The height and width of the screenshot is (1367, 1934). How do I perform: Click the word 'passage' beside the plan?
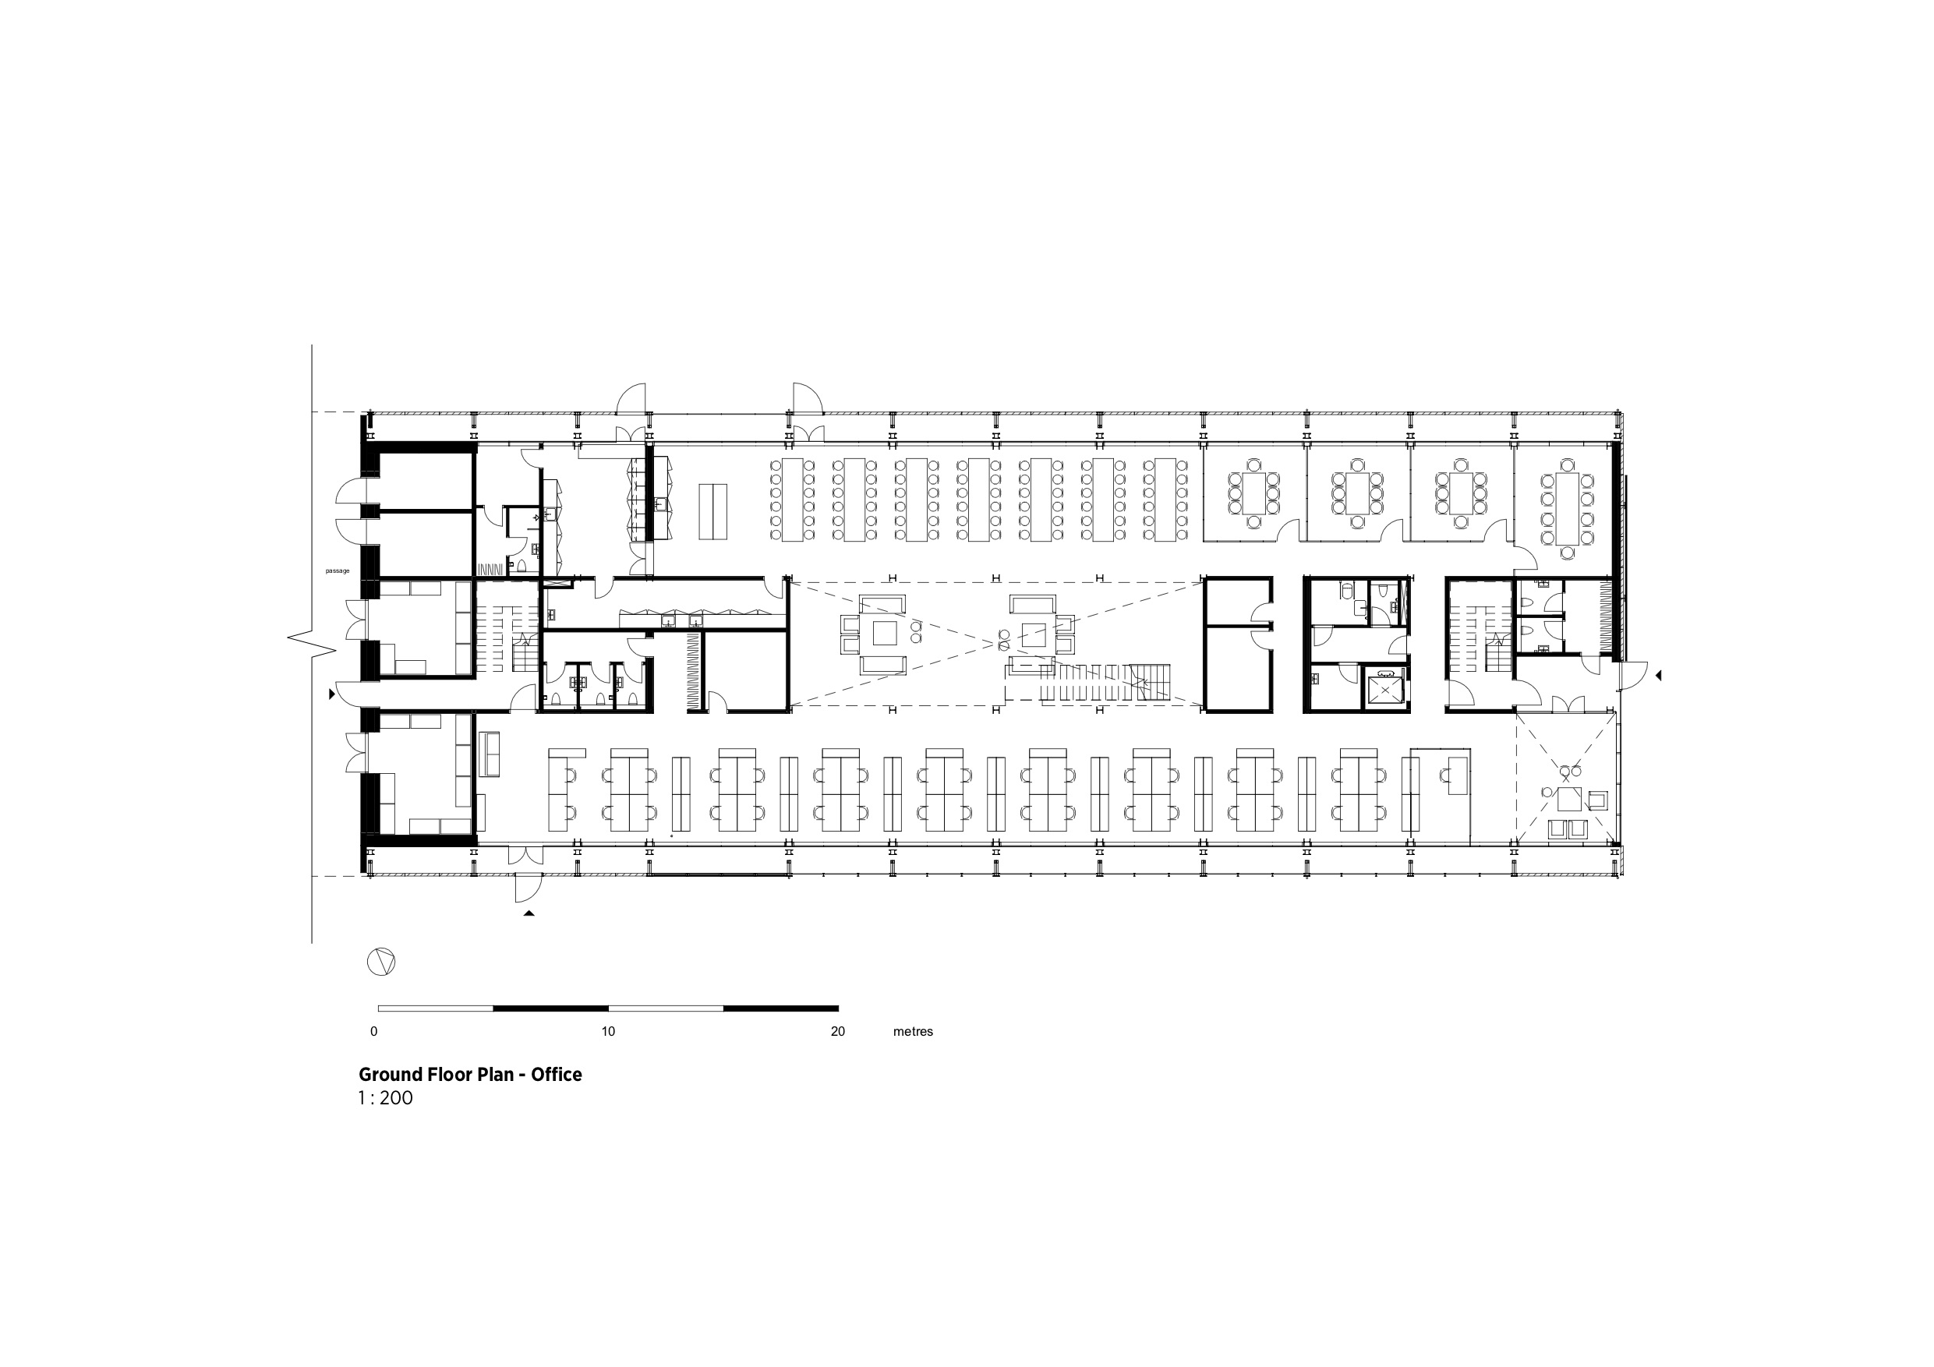tap(337, 571)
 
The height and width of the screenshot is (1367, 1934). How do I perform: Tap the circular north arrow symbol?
tap(380, 962)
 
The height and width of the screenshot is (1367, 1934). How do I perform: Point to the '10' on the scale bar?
tap(608, 1032)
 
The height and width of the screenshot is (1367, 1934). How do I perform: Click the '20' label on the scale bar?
tap(837, 1032)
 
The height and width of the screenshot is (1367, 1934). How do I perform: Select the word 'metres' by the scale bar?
tap(913, 1032)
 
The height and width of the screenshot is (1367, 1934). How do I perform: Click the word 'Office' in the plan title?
tap(556, 1075)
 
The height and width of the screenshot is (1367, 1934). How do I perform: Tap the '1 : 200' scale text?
tap(386, 1098)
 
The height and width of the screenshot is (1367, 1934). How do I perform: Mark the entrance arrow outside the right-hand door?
tap(1658, 676)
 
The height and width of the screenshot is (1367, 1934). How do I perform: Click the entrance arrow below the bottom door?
tap(529, 913)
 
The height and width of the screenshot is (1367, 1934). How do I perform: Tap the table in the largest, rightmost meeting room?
tap(1567, 508)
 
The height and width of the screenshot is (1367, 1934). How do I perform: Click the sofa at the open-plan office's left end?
tap(490, 754)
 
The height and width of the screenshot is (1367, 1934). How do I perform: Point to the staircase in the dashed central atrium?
tap(1104, 680)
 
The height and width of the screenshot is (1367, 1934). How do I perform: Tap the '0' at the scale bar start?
tap(374, 1032)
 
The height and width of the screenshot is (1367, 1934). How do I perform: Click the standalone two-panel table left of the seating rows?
tap(712, 512)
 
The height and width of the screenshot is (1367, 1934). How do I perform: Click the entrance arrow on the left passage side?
tap(332, 694)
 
